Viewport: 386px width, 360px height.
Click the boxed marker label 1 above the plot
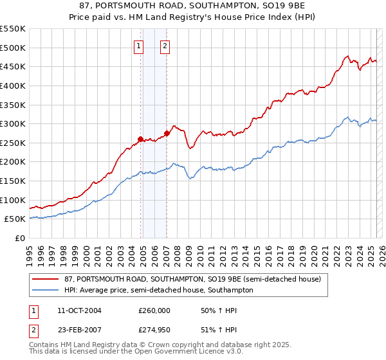click(139, 46)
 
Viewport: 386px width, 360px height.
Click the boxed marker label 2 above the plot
click(165, 46)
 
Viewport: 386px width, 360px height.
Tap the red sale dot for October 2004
click(140, 139)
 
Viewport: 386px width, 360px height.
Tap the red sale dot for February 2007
click(167, 133)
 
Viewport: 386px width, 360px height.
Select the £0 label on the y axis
click(19, 238)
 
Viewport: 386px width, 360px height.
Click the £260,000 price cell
click(154, 310)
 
